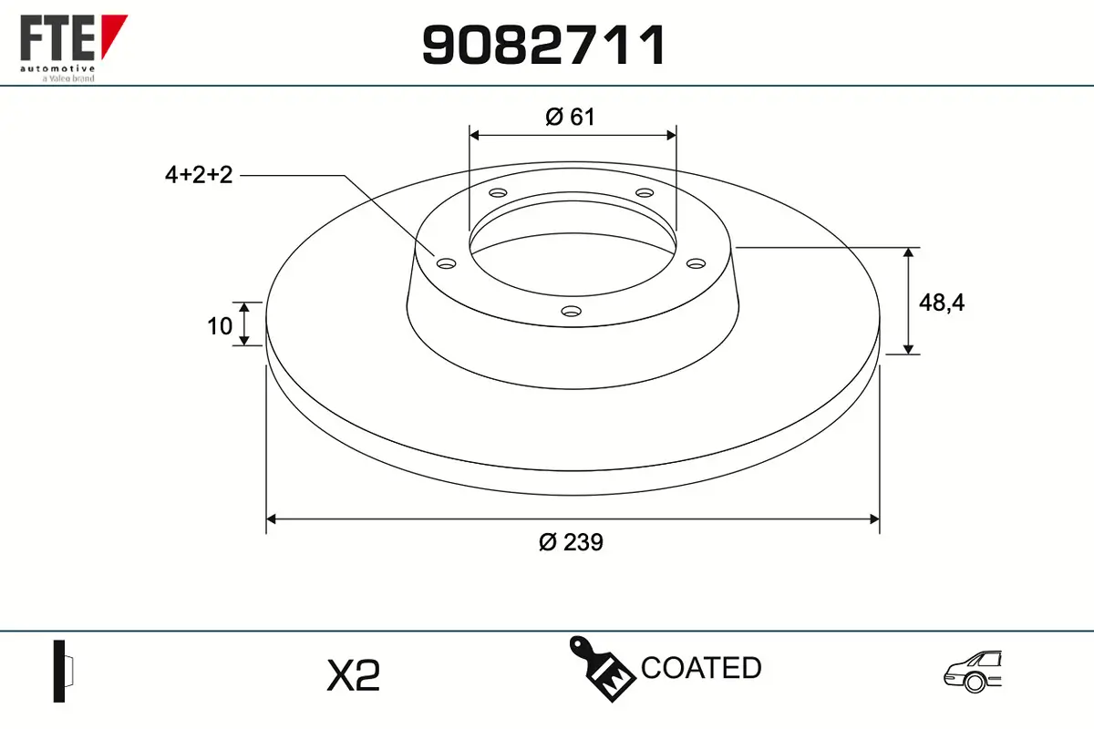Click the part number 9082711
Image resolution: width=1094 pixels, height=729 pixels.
pyautogui.click(x=543, y=45)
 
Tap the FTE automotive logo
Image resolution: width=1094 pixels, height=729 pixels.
pyautogui.click(x=73, y=48)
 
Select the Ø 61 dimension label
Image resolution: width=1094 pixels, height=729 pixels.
pyautogui.click(x=570, y=118)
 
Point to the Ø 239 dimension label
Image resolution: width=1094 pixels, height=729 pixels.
pyautogui.click(x=571, y=542)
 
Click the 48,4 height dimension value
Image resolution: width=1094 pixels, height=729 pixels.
pyautogui.click(x=942, y=303)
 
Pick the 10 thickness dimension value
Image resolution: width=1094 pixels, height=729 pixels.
pyautogui.click(x=220, y=326)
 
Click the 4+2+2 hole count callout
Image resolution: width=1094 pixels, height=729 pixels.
pyautogui.click(x=199, y=175)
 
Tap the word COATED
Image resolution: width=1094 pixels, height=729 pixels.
pyautogui.click(x=701, y=667)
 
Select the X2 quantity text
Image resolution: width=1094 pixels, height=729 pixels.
pyautogui.click(x=353, y=675)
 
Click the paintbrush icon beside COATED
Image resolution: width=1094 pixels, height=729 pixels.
pyautogui.click(x=602, y=669)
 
